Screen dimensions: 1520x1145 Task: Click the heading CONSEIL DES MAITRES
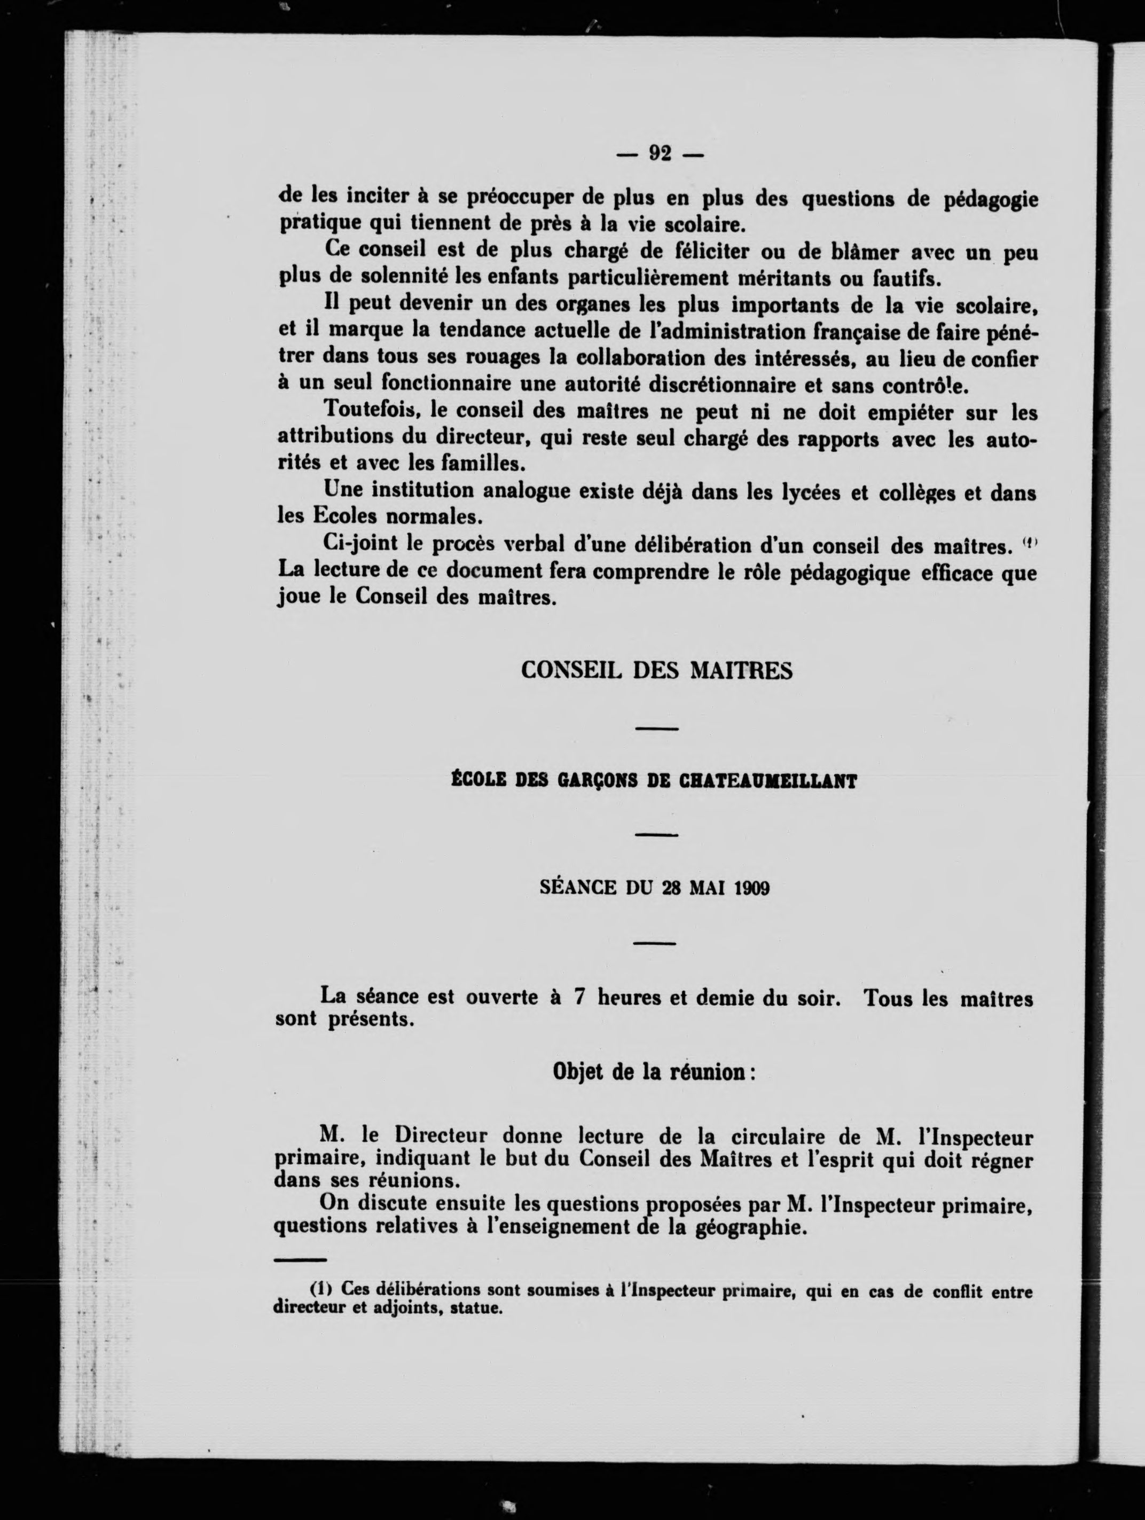[656, 670]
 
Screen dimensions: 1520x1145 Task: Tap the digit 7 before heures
[579, 998]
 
